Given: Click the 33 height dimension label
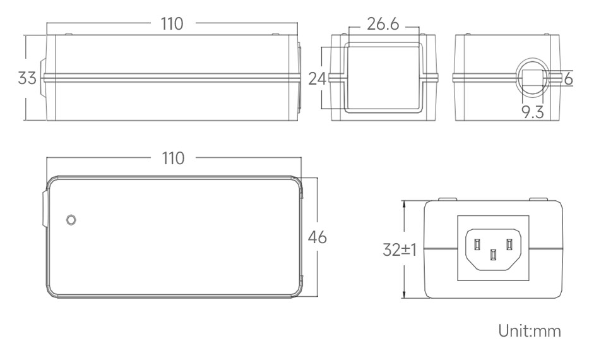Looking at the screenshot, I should pyautogui.click(x=27, y=78).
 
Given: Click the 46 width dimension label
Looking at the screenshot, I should pyautogui.click(x=317, y=237).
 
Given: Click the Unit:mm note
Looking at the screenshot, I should pyautogui.click(x=529, y=331).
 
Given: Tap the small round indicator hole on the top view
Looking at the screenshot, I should pyautogui.click(x=71, y=220).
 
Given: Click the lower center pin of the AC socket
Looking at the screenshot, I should pyautogui.click(x=493, y=255).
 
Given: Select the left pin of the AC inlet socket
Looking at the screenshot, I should pyautogui.click(x=478, y=244).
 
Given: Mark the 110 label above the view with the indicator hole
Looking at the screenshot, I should pyautogui.click(x=172, y=158).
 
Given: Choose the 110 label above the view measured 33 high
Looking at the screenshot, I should pyautogui.click(x=172, y=24).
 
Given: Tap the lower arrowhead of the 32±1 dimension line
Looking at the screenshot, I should pyautogui.click(x=404, y=296).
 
